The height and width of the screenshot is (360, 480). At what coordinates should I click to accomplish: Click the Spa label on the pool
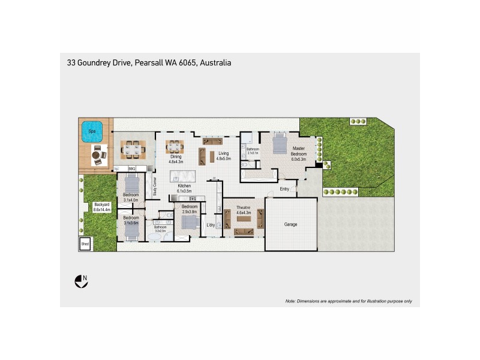click(x=92, y=131)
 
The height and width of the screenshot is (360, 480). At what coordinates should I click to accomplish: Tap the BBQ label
click(x=131, y=170)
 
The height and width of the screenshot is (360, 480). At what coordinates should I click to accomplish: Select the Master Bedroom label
click(x=299, y=154)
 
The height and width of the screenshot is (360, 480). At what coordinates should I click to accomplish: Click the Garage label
click(x=290, y=224)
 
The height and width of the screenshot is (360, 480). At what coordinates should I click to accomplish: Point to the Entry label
click(x=285, y=190)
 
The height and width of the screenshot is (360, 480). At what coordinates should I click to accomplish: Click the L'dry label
click(x=211, y=225)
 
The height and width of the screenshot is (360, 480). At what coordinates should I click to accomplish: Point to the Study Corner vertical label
click(x=155, y=187)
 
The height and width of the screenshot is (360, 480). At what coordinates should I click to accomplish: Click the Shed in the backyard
click(x=85, y=244)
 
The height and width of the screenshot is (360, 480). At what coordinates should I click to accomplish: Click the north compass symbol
click(x=80, y=280)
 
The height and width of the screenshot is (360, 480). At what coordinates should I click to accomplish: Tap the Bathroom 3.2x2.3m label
click(x=160, y=229)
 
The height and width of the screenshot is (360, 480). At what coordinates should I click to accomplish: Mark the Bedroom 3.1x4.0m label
click(x=131, y=198)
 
